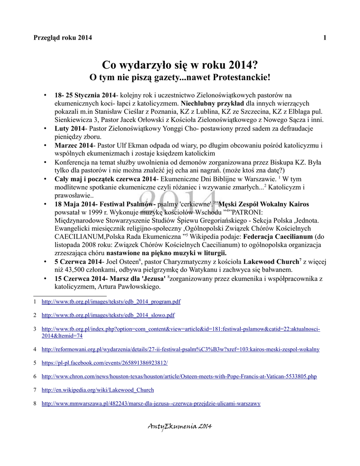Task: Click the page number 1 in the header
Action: click(325, 38)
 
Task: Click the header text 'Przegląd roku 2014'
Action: click(63, 38)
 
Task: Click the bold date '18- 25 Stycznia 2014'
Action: click(85, 96)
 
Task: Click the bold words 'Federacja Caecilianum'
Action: click(278, 237)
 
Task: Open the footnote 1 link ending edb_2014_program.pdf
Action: click(111, 301)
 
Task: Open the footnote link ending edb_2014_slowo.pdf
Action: click(108, 315)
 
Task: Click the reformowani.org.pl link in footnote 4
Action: click(180, 349)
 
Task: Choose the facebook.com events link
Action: click(105, 363)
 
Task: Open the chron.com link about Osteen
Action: click(179, 376)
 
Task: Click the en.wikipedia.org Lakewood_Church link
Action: click(97, 390)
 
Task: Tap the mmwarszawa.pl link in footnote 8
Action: click(151, 404)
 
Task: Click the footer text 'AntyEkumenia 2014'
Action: click(180, 426)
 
